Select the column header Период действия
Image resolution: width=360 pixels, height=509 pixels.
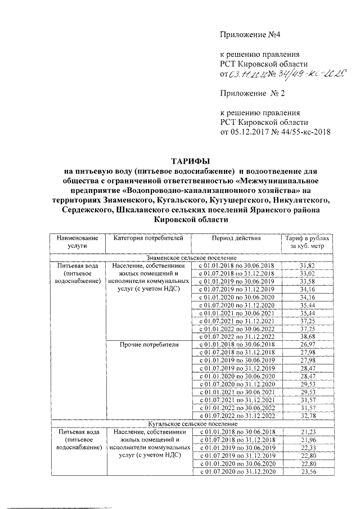point(236,238)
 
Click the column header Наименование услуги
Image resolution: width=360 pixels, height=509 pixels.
point(76,242)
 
